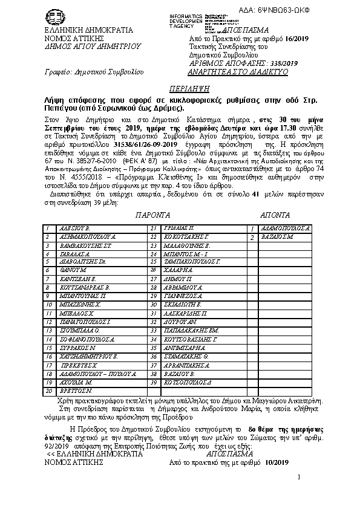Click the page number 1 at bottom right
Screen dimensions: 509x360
coord(298,494)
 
